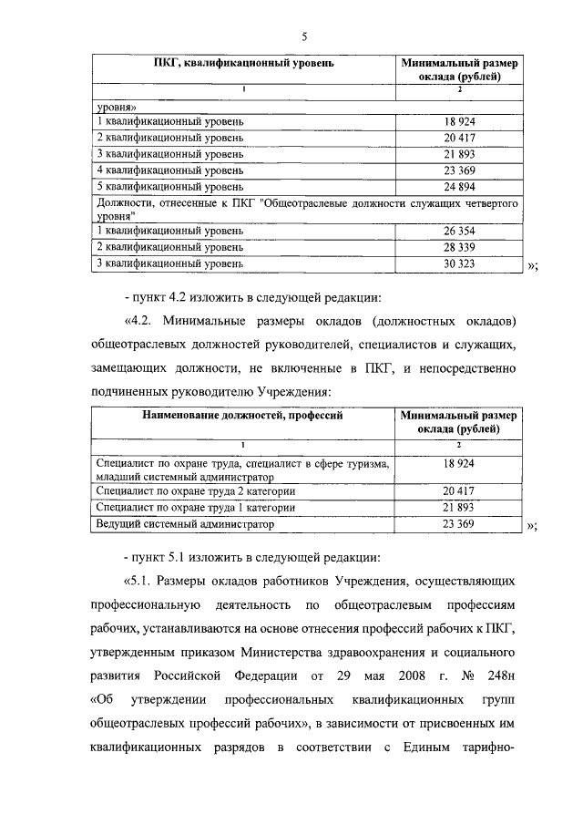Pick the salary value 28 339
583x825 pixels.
[460, 247]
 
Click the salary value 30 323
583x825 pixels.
[460, 263]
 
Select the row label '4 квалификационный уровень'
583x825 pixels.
[170, 170]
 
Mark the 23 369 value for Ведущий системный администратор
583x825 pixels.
[460, 524]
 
